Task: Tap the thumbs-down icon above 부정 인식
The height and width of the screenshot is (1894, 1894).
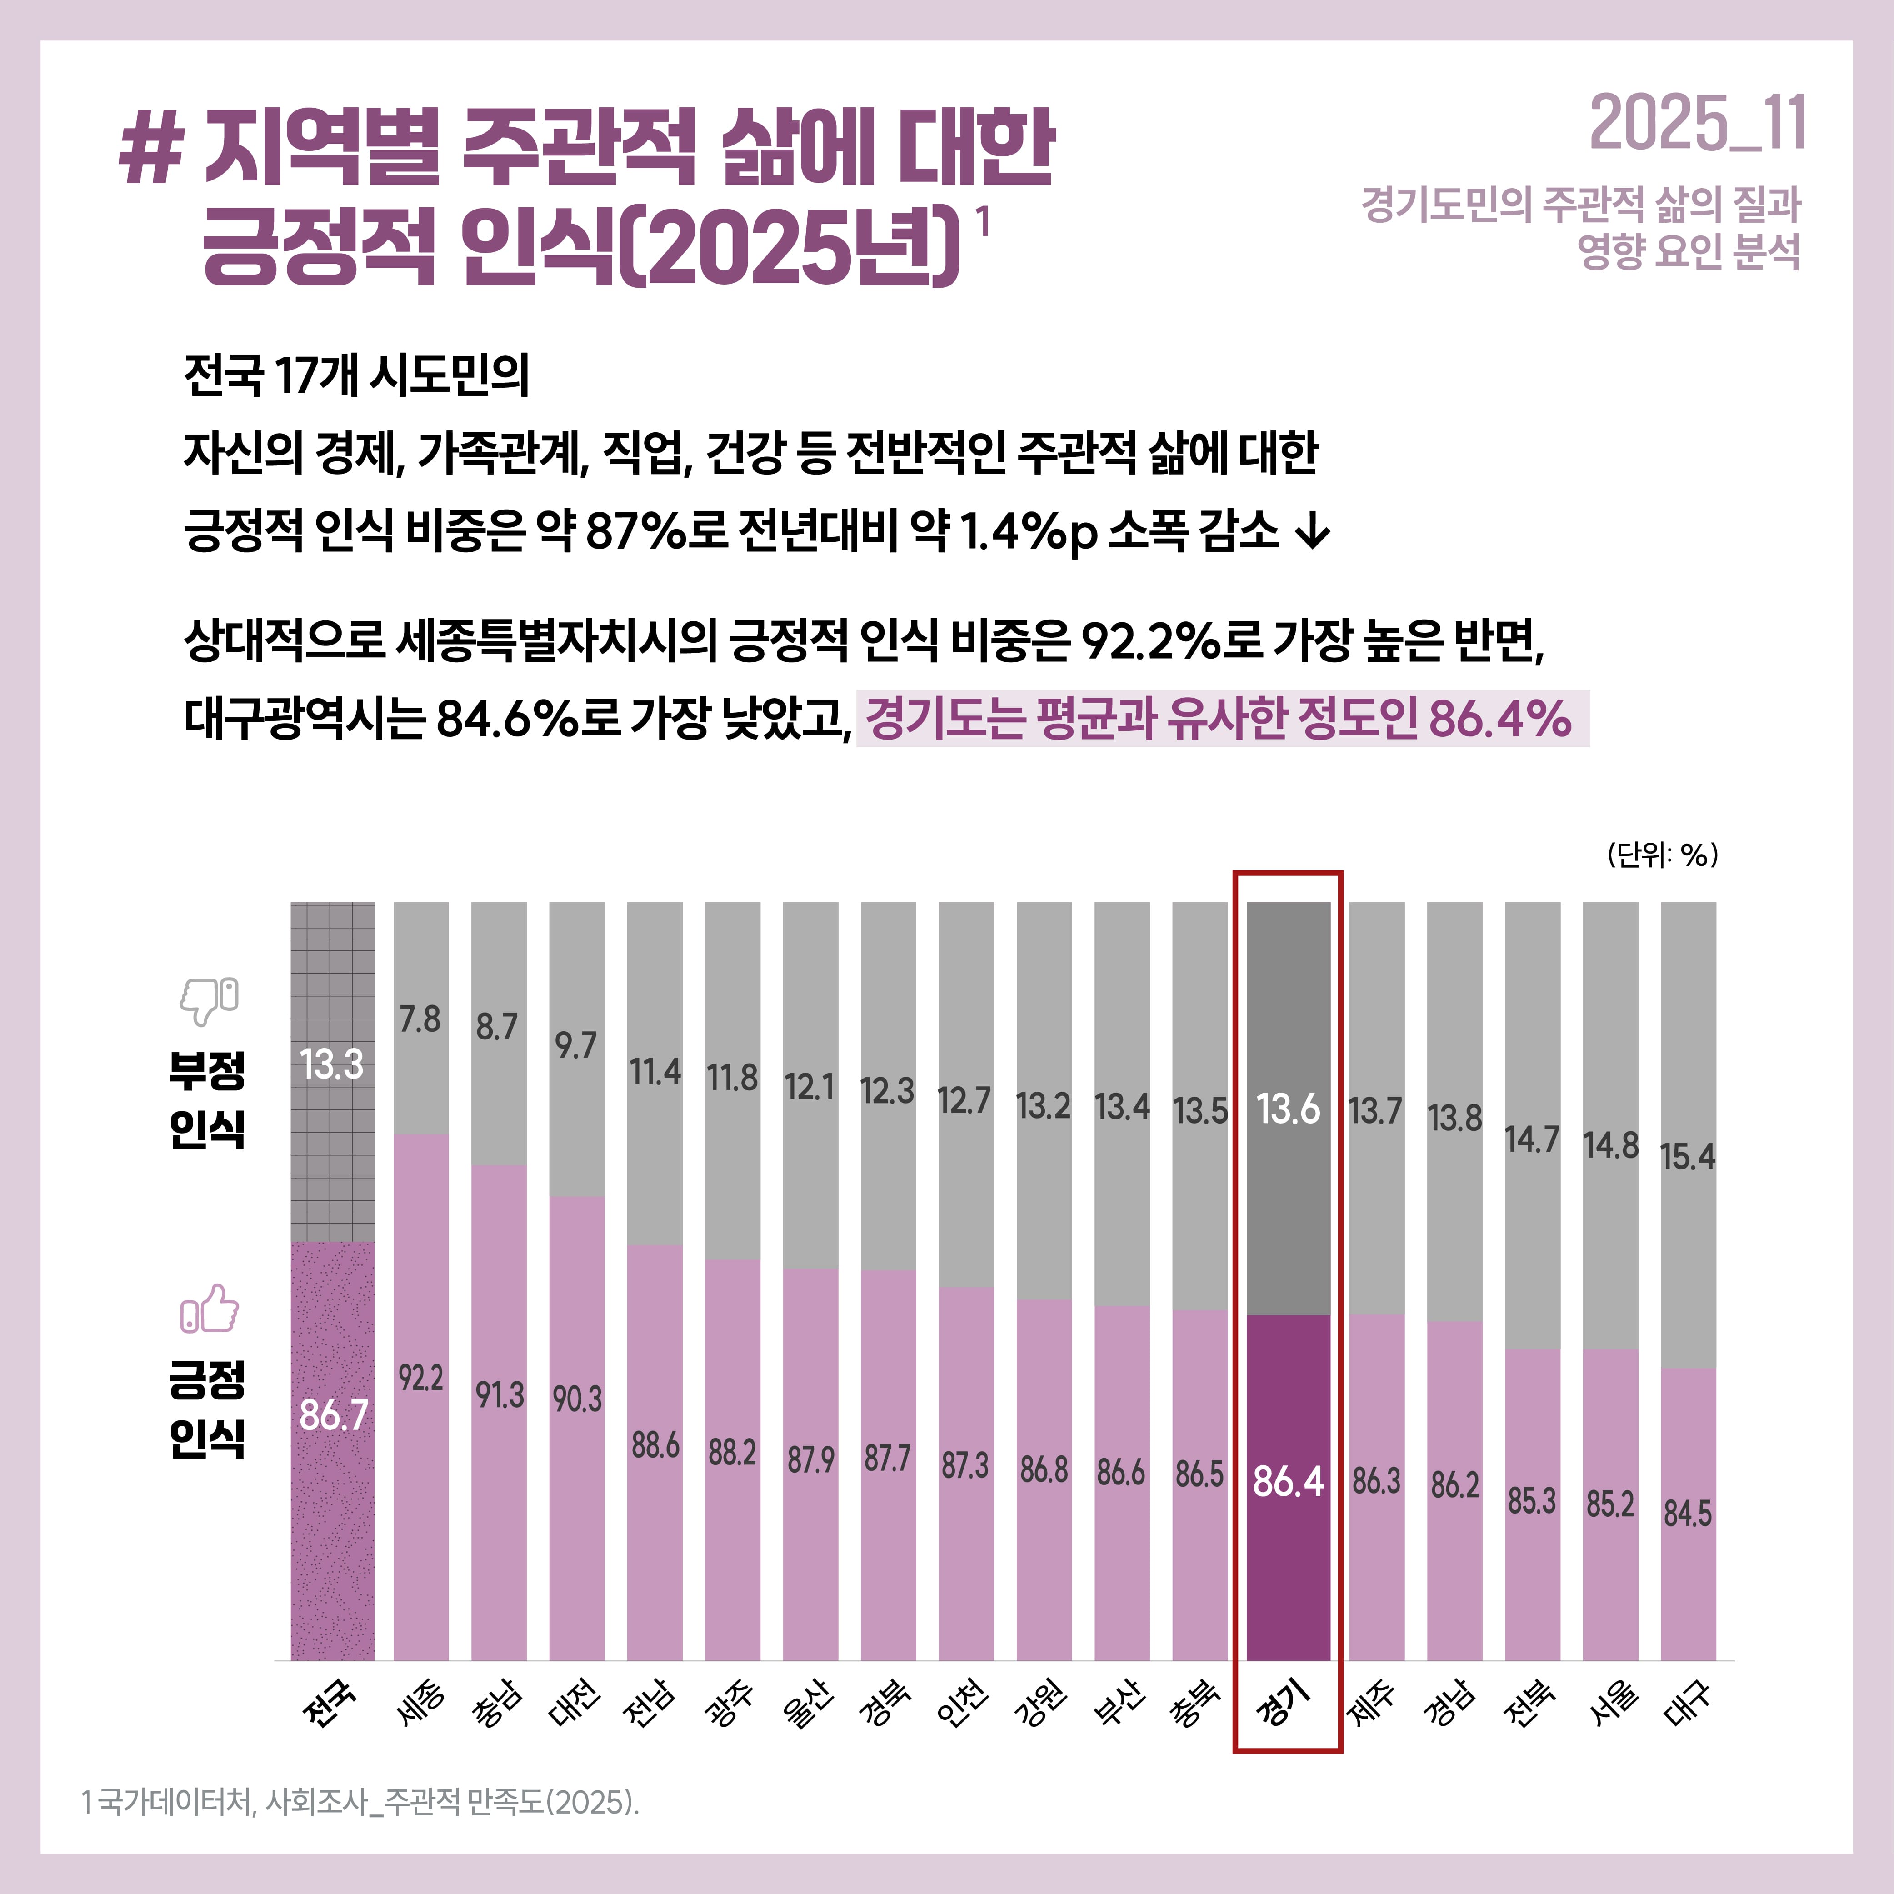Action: (x=209, y=1000)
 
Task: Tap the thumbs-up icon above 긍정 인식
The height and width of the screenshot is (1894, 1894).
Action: (x=209, y=1309)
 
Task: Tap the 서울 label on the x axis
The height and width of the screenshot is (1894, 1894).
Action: (x=1611, y=1704)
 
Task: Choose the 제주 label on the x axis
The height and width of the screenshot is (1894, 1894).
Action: (x=1375, y=1704)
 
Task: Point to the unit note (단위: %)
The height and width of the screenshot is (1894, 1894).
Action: (x=1662, y=855)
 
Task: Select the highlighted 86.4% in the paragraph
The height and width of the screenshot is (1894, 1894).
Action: (x=1500, y=719)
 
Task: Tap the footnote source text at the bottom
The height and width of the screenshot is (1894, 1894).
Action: (x=360, y=1802)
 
